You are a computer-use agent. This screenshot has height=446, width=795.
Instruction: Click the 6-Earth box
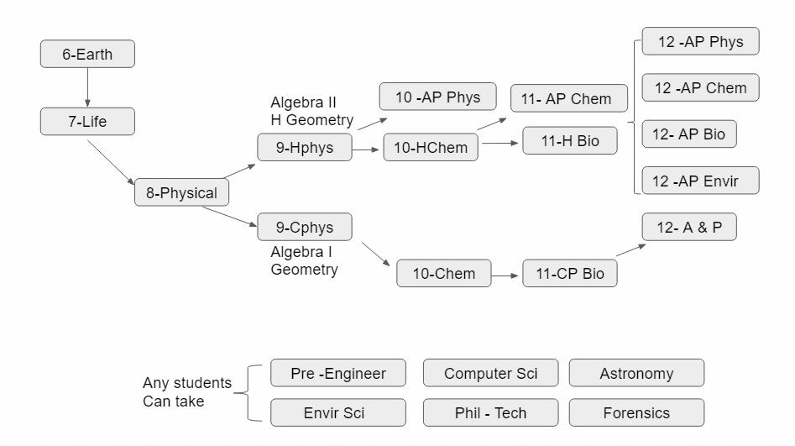point(87,55)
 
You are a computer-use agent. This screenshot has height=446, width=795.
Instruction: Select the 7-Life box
point(87,122)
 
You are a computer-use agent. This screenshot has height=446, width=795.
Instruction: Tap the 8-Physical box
point(181,193)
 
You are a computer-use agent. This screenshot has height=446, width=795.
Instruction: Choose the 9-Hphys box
point(305,148)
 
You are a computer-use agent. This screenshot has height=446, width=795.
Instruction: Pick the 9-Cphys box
point(305,228)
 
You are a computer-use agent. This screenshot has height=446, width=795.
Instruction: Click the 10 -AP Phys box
point(437,97)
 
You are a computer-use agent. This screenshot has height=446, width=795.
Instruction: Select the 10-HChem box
point(431,148)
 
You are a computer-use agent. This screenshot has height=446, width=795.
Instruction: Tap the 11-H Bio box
point(570,141)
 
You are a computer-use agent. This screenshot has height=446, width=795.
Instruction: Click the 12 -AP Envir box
point(701,181)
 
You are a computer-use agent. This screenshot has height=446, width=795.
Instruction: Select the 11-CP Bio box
point(570,274)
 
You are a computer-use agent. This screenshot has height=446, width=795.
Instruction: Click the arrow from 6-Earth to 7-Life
point(87,87)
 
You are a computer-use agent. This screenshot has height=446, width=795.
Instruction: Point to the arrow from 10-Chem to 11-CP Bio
point(506,275)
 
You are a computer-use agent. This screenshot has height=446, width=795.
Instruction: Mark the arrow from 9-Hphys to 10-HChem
point(368,149)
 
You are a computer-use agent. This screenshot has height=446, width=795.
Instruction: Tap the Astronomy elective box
point(636,374)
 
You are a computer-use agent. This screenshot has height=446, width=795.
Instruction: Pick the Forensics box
point(636,413)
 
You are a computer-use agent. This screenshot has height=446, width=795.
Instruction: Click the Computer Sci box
point(490,374)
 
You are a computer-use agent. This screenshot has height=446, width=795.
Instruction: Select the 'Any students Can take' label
point(186,392)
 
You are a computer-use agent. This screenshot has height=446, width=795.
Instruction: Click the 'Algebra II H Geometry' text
point(311,111)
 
